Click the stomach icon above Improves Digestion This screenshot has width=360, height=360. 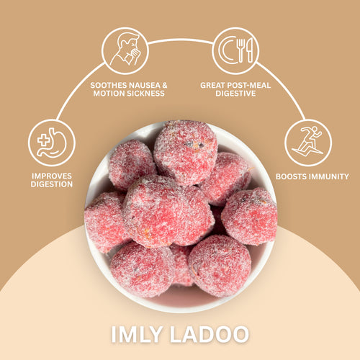52,143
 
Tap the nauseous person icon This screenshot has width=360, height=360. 125,50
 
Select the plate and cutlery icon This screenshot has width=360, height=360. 235,50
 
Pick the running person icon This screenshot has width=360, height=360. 307,141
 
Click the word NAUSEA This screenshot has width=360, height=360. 144,86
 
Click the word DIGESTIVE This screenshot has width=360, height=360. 235,94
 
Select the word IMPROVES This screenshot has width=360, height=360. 52,176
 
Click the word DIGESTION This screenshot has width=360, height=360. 52,184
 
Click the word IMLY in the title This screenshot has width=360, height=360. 136,334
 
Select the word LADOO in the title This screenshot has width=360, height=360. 210,334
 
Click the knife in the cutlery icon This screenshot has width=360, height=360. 250,50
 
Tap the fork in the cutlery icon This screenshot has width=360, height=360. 240,50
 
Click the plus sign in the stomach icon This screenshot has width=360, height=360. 43,140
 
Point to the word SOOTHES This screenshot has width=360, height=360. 109,86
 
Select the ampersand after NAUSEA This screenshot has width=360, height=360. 164,86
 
